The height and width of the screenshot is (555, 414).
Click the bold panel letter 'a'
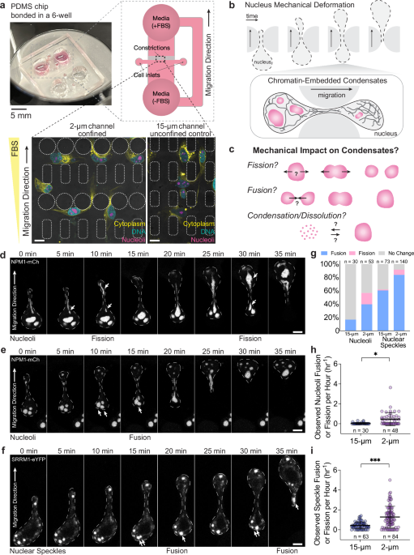(6, 6)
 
